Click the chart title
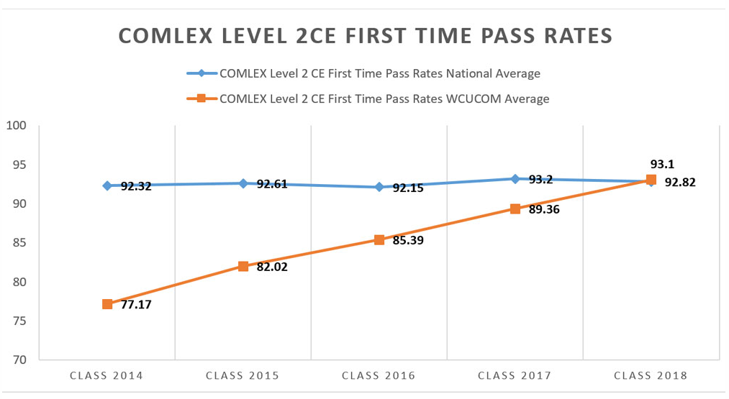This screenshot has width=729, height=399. pos(365,36)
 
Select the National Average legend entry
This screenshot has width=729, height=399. pos(380,73)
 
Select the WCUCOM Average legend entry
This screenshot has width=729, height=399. pos(384,98)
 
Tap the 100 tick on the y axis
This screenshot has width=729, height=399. pos(17,126)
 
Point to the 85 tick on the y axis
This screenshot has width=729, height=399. pos(19,243)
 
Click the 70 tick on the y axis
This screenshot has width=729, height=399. pos(19,359)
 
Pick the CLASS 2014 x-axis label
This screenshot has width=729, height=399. pos(107,375)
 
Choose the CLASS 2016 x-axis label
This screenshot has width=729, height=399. pos(379,375)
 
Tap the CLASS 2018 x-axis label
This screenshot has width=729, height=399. pos(651,375)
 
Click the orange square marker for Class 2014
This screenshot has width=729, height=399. pos(107,304)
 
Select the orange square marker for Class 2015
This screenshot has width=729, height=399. pos(243,266)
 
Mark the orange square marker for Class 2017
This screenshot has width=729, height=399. pos(515,208)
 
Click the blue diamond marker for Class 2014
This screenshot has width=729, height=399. pos(107,185)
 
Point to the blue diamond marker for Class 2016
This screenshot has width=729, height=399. pos(379,187)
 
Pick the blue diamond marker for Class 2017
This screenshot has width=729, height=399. pos(515,178)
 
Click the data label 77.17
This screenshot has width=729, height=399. pos(136,304)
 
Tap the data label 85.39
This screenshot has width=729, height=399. pos(408,240)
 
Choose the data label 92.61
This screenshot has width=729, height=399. pos(272,184)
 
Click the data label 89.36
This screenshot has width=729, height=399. pos(544,209)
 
